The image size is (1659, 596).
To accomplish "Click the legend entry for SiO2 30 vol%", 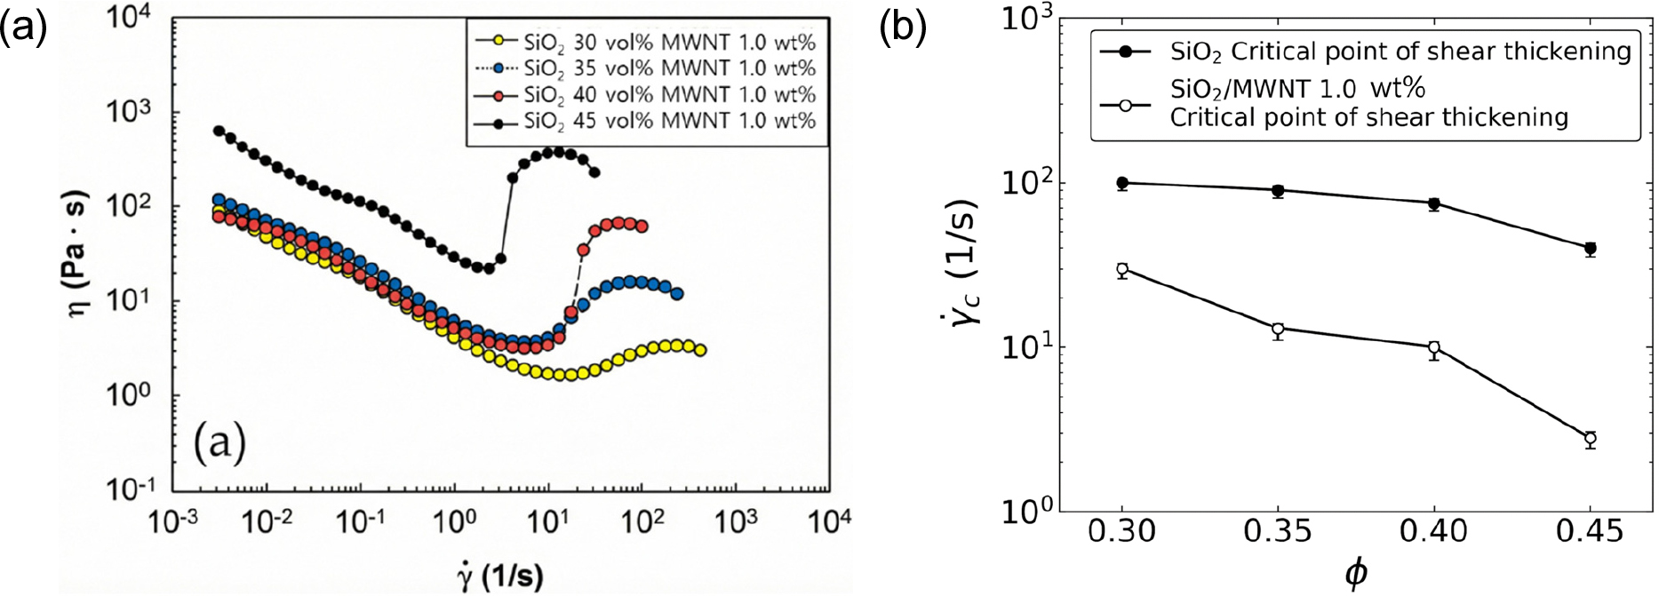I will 645,42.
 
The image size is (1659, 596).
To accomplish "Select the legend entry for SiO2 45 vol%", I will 645,121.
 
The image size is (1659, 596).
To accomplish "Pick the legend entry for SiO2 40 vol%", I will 645,94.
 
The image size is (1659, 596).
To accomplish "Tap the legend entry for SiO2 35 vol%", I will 645,68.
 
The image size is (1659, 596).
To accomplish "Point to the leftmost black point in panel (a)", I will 219,131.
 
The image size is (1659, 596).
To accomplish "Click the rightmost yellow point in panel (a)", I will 700,350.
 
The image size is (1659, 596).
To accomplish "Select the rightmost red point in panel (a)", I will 642,226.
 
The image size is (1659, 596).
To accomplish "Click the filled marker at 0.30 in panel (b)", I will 1122,183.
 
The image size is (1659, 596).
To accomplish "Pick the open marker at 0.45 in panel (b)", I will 1590,439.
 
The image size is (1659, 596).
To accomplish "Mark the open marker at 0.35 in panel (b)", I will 1278,329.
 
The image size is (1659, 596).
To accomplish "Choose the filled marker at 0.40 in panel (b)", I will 1434,203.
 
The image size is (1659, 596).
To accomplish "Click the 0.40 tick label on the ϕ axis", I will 1434,532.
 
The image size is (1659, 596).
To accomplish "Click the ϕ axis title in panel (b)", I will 1356,575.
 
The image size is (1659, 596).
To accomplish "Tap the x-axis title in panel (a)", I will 500,577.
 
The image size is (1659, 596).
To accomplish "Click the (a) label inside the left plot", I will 219,441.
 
